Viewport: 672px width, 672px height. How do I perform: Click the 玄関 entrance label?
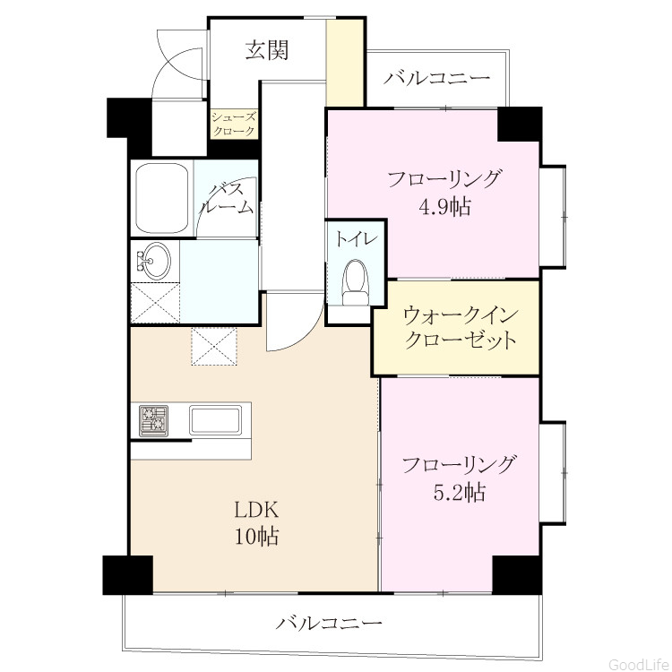point(267,50)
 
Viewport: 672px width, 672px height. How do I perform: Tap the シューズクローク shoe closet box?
point(234,124)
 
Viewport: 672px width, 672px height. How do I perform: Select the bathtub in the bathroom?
point(162,198)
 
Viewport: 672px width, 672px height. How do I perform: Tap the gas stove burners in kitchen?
point(153,420)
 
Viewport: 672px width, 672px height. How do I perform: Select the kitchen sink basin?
point(215,420)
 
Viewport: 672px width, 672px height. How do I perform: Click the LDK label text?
point(256,511)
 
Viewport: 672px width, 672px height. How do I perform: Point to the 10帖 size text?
point(256,536)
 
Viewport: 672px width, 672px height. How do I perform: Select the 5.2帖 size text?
point(460,492)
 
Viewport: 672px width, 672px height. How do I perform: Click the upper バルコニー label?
point(436,78)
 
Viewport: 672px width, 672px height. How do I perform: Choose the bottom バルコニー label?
point(329,622)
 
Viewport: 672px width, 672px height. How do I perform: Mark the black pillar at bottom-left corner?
point(128,575)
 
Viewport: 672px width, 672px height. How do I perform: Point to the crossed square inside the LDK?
point(214,346)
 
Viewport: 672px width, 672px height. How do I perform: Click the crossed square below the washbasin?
point(155,303)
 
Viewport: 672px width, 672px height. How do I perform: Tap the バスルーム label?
point(228,198)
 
